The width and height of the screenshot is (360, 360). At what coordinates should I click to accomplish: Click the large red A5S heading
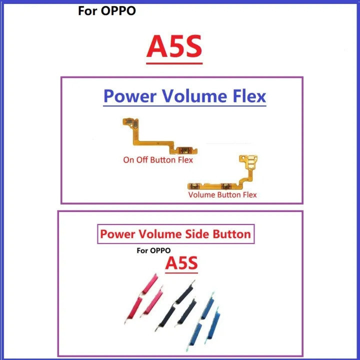174,46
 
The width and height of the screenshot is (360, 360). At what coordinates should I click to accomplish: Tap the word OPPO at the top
118,11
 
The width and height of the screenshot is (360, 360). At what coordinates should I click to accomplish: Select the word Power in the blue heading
130,96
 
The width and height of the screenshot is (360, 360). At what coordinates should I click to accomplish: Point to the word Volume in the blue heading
194,96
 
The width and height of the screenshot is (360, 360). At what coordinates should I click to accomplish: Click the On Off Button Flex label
158,160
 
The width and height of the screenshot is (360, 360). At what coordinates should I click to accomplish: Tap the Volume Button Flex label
222,194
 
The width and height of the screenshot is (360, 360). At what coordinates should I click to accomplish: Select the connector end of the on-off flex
130,122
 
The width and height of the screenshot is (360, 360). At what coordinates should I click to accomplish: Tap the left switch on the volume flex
194,186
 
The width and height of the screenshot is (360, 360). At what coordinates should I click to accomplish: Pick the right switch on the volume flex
226,186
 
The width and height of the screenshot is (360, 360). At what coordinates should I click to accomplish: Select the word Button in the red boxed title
231,234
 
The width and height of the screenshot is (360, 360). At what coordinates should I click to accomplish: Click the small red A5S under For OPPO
181,263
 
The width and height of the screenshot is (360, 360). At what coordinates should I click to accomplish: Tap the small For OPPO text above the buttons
153,250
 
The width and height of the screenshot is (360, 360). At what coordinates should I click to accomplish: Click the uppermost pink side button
149,284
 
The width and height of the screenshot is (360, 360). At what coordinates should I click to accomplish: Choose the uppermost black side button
185,291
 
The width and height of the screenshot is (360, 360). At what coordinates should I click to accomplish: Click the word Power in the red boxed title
117,234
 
